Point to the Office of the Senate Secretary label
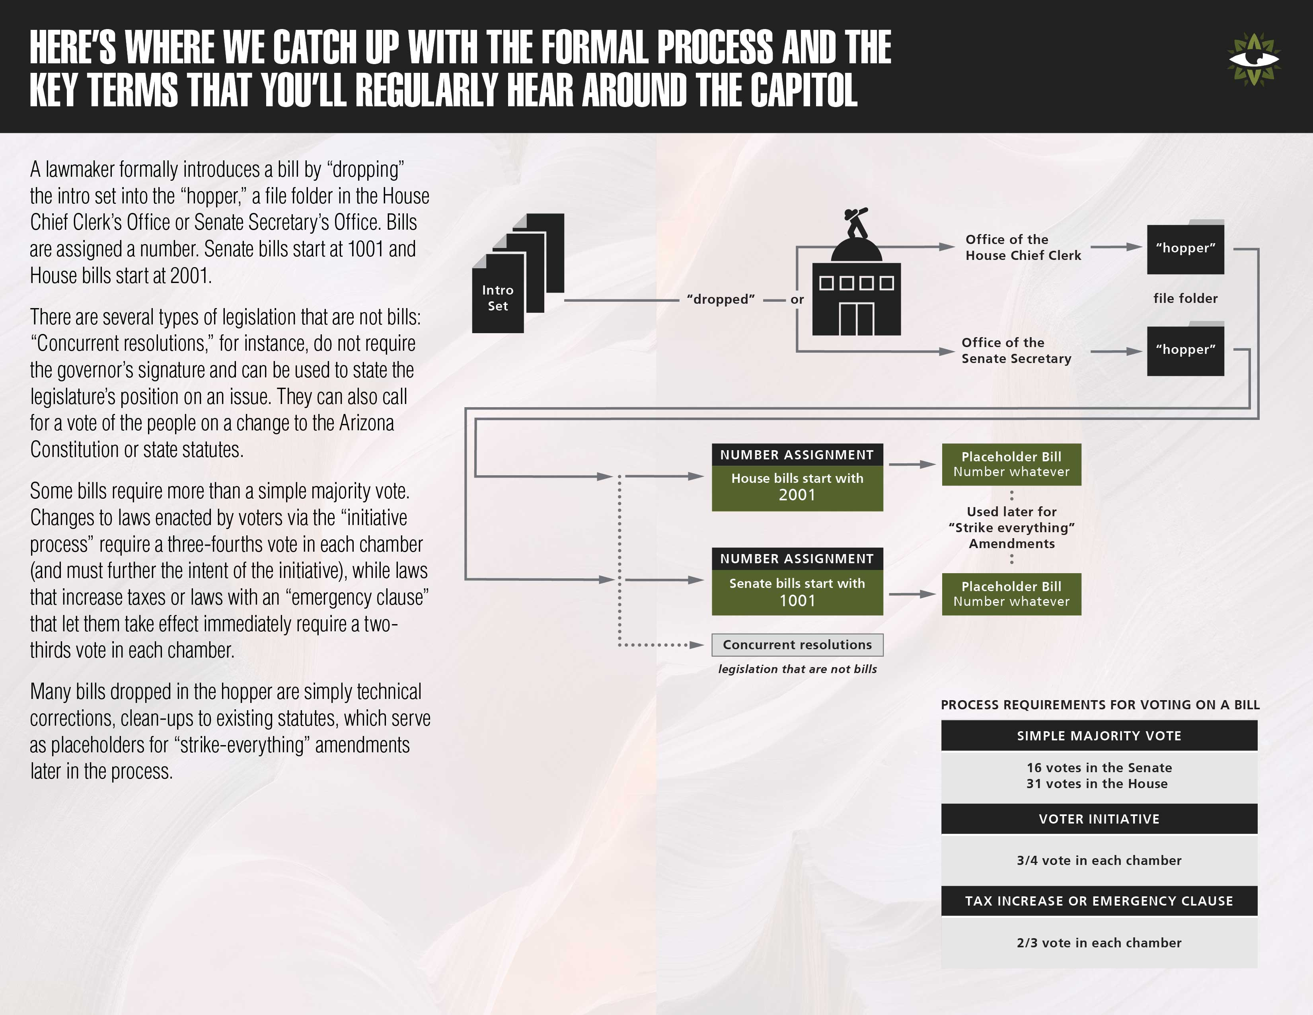click(x=1016, y=351)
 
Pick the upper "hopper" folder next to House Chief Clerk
click(x=1185, y=248)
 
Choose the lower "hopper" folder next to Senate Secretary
click(x=1185, y=350)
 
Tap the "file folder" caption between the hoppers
click(x=1185, y=298)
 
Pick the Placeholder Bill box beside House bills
click(x=1011, y=464)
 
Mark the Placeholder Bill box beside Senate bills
click(x=1011, y=594)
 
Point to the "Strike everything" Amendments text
click(x=1011, y=528)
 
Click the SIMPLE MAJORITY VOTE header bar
click(x=1099, y=736)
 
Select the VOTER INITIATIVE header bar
click(x=1099, y=819)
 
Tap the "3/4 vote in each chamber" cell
click(x=1099, y=861)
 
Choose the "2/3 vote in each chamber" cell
click(x=1099, y=943)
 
